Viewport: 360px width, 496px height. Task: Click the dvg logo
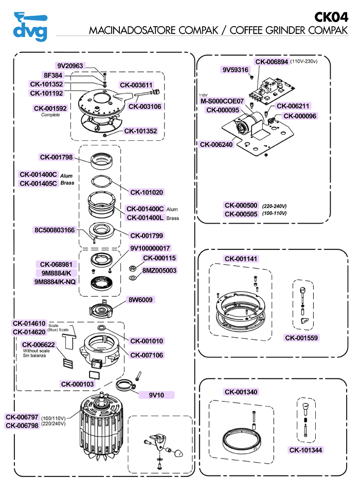[x=30, y=26]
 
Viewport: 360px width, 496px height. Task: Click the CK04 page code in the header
[x=331, y=17]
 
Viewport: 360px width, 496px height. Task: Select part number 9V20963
[x=70, y=66]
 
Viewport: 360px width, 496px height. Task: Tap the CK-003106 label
[x=145, y=106]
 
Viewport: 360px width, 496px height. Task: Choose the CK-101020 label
[x=147, y=192]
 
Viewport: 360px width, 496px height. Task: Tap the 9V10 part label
[x=156, y=395]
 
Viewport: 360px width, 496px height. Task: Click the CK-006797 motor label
[x=22, y=417]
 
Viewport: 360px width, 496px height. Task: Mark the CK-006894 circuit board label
[x=271, y=61]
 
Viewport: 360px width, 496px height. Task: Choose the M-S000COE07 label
[x=222, y=101]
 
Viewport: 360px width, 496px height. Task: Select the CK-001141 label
[x=241, y=259]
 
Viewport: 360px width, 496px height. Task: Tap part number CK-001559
[x=301, y=338]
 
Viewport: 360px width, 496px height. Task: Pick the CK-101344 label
[x=307, y=450]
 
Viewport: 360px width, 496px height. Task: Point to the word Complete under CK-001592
[x=50, y=115]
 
